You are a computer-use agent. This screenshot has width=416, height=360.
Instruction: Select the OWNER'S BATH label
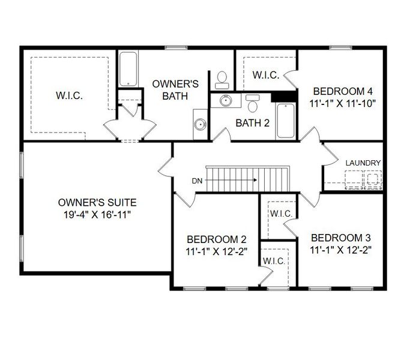click(170, 89)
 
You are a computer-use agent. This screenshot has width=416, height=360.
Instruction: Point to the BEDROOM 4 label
click(343, 91)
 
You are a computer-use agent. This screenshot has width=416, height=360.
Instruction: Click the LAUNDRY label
click(363, 163)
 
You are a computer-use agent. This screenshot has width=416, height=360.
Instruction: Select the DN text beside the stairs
click(197, 180)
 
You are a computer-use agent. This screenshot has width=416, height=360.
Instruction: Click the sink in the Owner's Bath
click(200, 125)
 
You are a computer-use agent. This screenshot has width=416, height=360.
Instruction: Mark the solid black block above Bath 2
click(285, 96)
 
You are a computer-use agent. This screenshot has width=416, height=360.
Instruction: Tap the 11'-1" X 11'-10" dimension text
click(343, 103)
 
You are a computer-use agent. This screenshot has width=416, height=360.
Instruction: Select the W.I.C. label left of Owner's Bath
click(70, 95)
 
